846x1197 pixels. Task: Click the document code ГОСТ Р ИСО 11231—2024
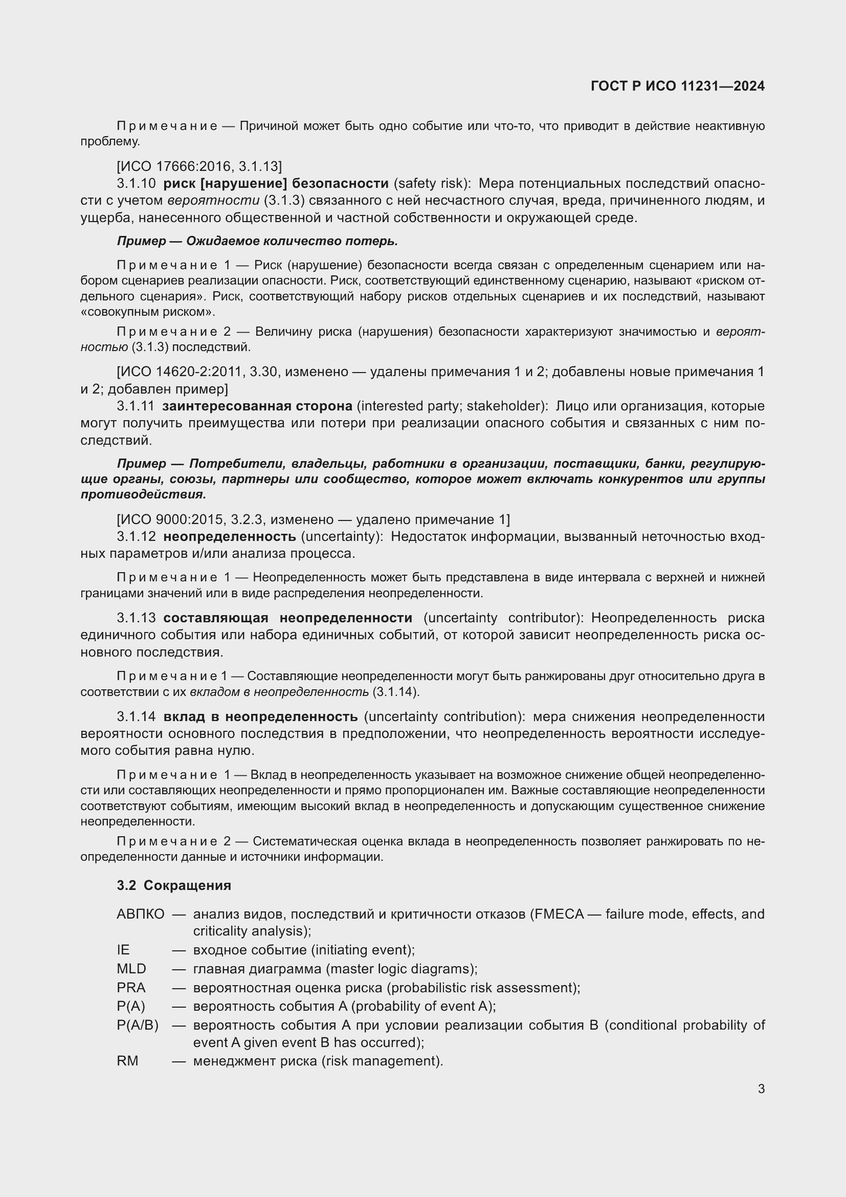point(677,86)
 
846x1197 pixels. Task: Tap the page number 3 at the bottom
point(761,1089)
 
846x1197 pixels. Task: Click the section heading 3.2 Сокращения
point(174,885)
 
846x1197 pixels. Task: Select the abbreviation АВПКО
point(140,914)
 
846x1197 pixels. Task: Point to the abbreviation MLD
point(131,969)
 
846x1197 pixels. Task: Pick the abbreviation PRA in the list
point(131,987)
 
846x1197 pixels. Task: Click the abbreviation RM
point(128,1061)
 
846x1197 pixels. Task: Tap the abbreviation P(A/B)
point(138,1025)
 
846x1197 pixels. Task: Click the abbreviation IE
point(123,950)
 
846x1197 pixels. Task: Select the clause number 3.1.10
point(136,184)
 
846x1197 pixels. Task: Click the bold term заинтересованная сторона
point(257,406)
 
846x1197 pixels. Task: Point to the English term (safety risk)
point(432,184)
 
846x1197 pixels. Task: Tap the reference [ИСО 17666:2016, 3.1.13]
point(199,166)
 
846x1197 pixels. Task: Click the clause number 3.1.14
point(136,716)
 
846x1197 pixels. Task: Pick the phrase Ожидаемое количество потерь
point(292,241)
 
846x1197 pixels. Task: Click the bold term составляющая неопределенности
point(287,618)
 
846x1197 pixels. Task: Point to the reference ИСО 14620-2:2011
point(182,372)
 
